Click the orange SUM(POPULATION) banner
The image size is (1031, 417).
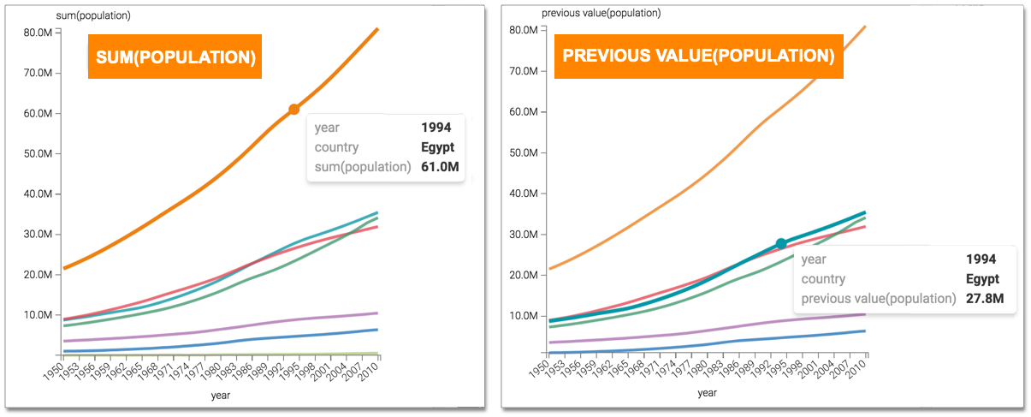coord(174,57)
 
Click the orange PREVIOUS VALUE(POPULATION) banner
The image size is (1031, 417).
coord(698,57)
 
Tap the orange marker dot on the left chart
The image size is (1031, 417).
coord(293,109)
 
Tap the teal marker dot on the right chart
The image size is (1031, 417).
coord(781,244)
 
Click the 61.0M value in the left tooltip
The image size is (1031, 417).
coord(440,166)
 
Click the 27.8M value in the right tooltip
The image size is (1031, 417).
coord(986,299)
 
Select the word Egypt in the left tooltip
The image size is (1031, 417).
coord(437,147)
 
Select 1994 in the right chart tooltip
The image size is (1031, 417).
coord(982,259)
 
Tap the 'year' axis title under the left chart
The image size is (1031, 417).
coord(221,396)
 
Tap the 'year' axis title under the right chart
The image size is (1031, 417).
coord(707,393)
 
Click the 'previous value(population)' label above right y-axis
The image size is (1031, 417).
coord(601,13)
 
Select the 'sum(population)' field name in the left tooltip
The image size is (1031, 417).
coord(363,166)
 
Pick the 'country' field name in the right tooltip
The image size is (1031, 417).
coord(823,279)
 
